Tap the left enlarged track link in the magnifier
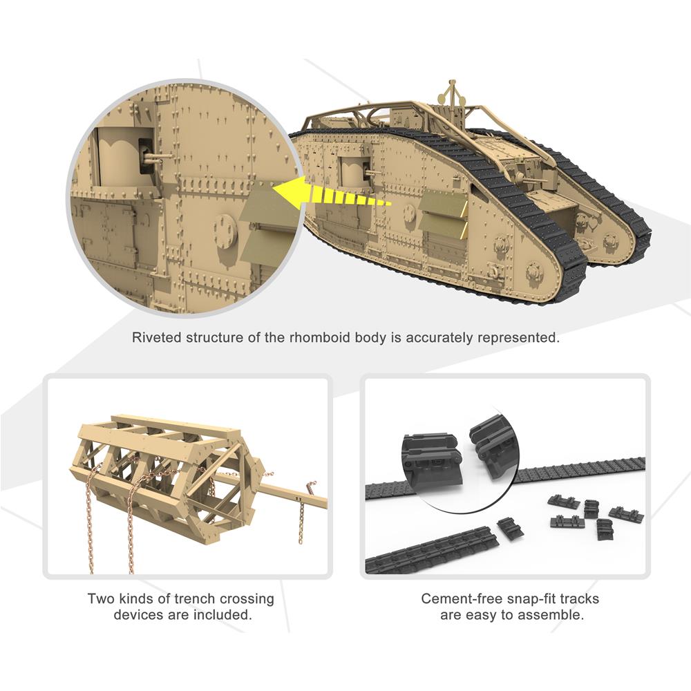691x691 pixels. click(x=432, y=459)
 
